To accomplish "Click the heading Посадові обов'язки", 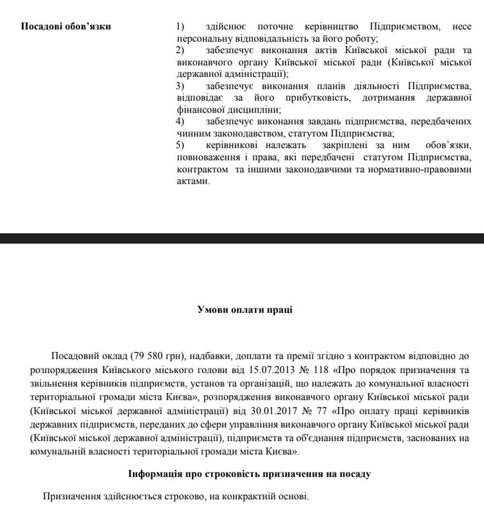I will pyautogui.click(x=66, y=27).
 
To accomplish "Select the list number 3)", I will pyautogui.click(x=180, y=86).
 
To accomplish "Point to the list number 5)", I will pyautogui.click(x=180, y=145).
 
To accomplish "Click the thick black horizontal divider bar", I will pyautogui.click(x=242, y=237).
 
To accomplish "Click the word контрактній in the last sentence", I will pyautogui.click(x=240, y=496).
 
